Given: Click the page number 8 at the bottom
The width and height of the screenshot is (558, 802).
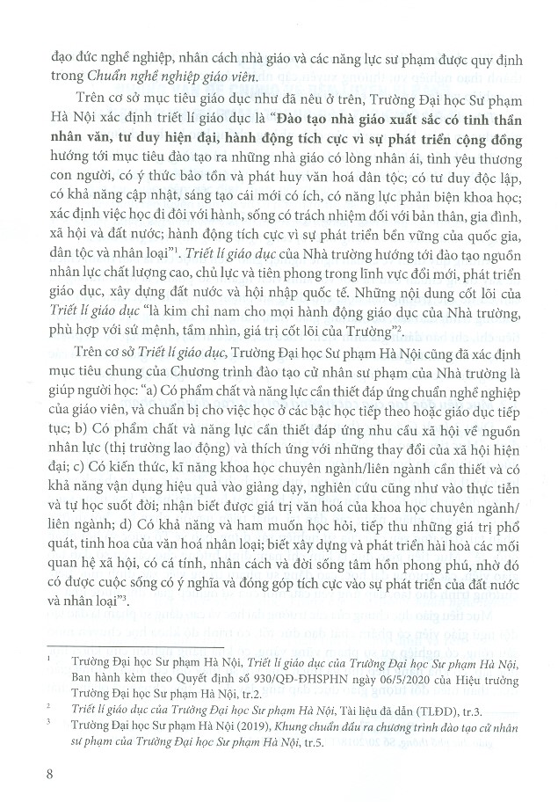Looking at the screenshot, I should coord(34,775).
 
